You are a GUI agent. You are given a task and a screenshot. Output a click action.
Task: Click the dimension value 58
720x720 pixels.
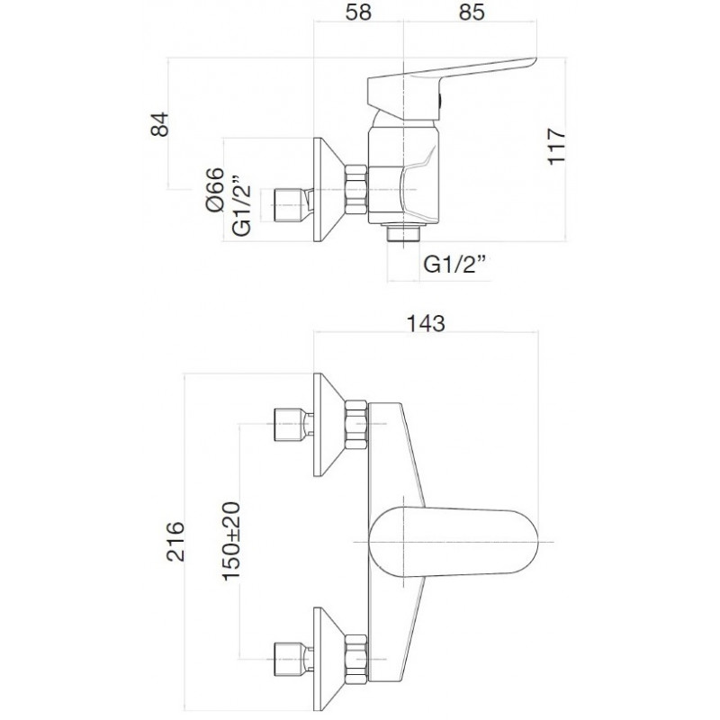pos(358,13)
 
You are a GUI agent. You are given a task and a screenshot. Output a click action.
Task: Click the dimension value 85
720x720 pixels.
pos(472,13)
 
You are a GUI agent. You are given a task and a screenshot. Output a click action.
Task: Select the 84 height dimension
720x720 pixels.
pos(160,124)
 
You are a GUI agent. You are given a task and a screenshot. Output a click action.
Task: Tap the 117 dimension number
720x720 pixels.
pos(556,146)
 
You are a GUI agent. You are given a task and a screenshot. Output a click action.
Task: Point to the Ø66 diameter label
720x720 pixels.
pos(215,189)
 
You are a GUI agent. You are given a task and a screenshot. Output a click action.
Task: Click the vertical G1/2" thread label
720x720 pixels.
pos(241,205)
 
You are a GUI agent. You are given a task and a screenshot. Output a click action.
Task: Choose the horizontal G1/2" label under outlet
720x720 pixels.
pos(455,265)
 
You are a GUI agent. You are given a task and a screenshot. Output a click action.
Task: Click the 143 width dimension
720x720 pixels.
pos(426,324)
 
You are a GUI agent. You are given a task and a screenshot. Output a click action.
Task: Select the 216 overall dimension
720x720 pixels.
pos(175,542)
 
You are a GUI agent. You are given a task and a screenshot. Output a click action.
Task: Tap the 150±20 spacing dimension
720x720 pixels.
pos(231,542)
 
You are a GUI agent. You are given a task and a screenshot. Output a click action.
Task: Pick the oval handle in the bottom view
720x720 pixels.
pos(454,542)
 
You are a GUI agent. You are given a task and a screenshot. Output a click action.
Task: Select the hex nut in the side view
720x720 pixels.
pos(356,190)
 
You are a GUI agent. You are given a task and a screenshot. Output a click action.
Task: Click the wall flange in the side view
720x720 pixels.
pos(328,190)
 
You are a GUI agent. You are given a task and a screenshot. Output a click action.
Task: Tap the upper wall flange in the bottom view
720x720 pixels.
pos(328,425)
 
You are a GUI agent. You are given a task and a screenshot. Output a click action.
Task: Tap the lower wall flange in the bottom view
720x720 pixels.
pos(328,659)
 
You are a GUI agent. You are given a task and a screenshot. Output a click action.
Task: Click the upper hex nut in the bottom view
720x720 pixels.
pos(356,425)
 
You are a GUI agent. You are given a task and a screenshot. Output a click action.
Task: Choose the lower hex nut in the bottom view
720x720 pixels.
pos(356,659)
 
